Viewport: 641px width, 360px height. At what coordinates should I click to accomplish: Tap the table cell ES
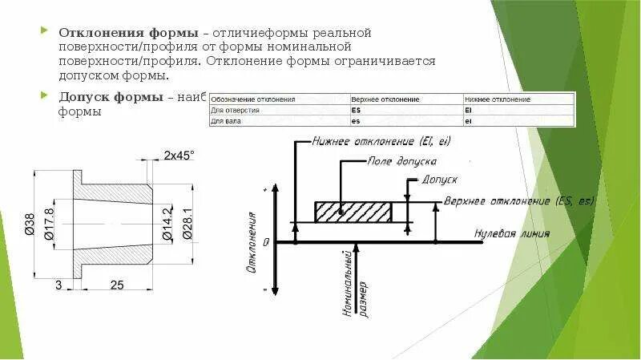(357, 110)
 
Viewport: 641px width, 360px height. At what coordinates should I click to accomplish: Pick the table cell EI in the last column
(468, 110)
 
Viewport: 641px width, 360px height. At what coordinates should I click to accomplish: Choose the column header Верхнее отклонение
(385, 99)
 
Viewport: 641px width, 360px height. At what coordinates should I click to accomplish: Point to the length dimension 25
(116, 285)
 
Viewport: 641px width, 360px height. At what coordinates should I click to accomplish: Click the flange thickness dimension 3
(59, 285)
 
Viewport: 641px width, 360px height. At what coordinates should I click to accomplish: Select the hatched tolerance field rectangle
(353, 212)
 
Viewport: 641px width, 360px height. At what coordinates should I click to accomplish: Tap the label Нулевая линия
(512, 234)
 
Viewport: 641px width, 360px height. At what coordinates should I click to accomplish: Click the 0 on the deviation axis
(267, 241)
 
